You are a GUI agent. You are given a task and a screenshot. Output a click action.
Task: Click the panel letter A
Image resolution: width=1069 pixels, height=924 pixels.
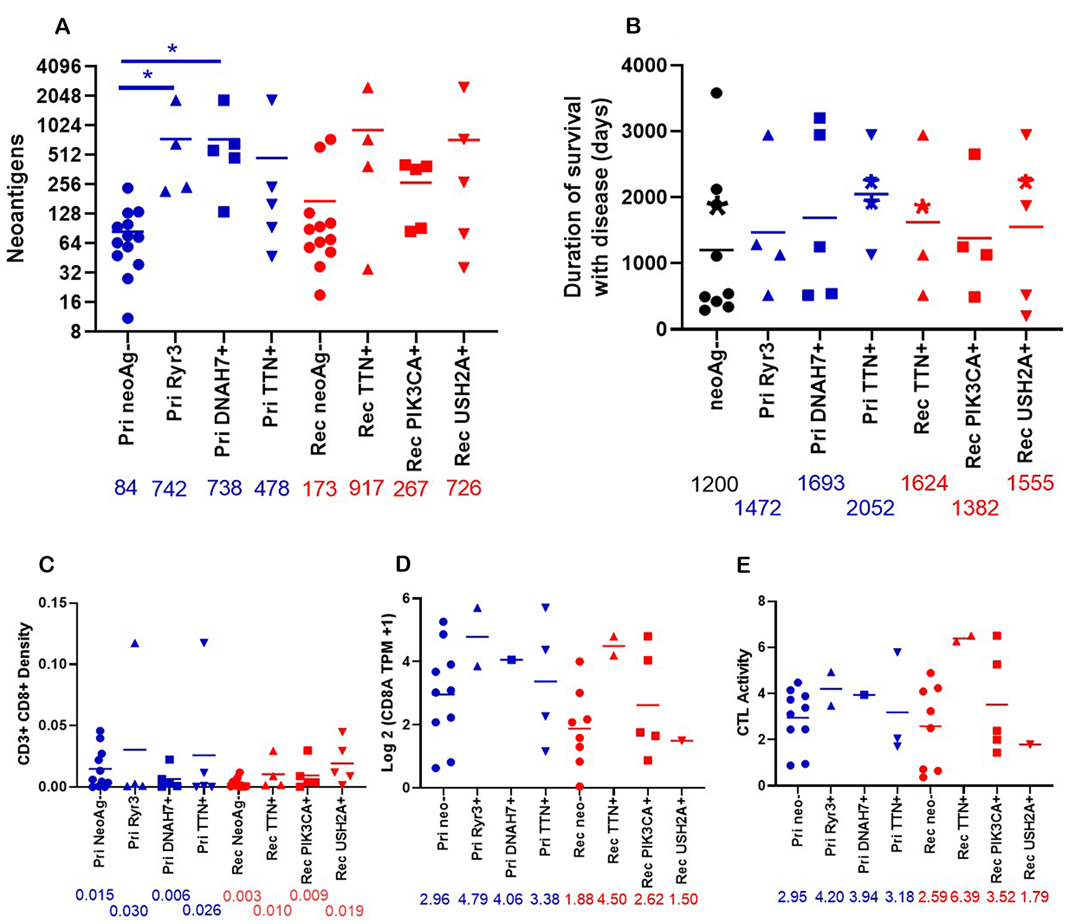click(63, 26)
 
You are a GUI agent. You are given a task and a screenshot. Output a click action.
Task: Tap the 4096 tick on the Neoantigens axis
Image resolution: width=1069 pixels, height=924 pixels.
click(59, 67)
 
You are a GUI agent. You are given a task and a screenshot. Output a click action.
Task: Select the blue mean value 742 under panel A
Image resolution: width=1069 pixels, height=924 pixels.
click(169, 489)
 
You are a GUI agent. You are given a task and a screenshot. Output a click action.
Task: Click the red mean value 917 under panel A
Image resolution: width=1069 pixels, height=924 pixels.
click(366, 488)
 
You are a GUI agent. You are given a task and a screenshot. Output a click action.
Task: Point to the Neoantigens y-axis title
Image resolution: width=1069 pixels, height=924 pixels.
click(16, 198)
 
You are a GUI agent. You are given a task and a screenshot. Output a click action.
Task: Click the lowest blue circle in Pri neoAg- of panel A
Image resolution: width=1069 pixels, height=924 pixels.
click(128, 319)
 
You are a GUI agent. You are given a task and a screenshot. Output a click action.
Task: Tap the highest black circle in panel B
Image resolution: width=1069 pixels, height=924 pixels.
click(716, 93)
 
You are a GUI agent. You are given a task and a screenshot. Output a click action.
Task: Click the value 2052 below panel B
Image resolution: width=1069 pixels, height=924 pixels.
click(870, 507)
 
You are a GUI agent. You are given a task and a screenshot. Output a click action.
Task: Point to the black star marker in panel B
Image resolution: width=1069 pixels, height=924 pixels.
click(717, 206)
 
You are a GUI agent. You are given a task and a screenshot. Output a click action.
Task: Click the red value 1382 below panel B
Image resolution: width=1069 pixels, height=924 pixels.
click(975, 507)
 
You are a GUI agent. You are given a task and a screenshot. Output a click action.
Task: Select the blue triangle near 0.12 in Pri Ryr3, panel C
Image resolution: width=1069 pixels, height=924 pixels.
click(135, 643)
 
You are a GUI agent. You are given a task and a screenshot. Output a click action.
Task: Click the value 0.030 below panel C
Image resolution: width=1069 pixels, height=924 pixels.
click(129, 911)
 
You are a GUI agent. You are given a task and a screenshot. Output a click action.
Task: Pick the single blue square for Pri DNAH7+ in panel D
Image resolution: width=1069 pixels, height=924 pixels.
click(512, 660)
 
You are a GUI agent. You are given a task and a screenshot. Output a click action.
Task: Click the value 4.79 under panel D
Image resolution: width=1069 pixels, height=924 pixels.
click(472, 899)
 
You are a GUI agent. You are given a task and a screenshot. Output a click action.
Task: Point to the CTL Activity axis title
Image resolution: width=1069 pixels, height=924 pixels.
click(743, 692)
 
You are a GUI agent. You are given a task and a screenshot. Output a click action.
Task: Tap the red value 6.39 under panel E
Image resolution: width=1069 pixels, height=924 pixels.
click(965, 897)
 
